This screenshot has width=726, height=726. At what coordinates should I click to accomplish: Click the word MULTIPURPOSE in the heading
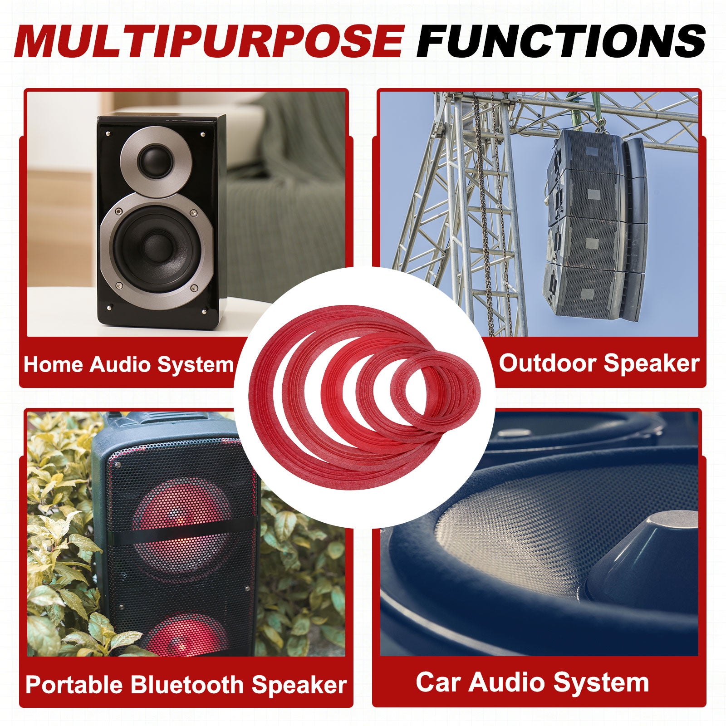click(208, 41)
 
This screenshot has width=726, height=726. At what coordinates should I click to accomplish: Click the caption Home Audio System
click(128, 365)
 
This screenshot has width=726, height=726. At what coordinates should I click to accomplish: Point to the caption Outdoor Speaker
click(599, 363)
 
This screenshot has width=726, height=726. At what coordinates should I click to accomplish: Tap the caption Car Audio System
click(532, 682)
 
